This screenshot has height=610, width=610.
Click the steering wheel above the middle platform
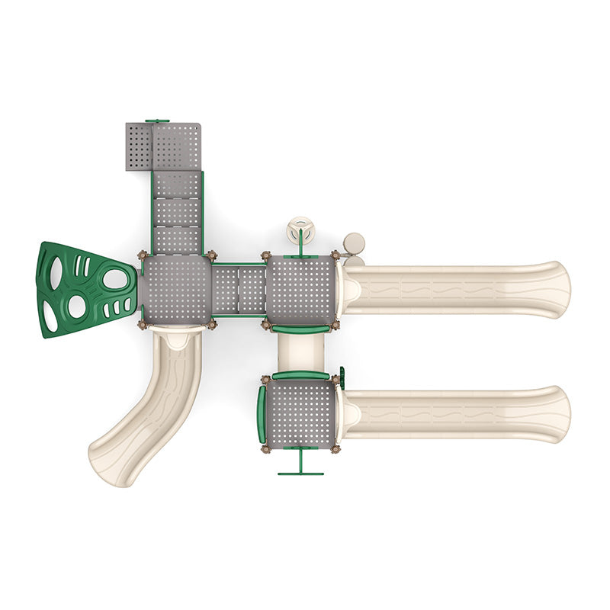click(300, 230)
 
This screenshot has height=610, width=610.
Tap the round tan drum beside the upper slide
click(354, 243)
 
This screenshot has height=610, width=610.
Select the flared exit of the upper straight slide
click(555, 290)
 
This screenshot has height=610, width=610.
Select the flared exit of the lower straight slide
click(555, 414)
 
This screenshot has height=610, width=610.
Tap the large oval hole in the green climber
click(115, 279)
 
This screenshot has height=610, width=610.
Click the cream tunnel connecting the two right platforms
click(300, 352)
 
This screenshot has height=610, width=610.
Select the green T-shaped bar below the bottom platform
click(300, 465)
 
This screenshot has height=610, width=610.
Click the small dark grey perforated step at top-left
click(139, 146)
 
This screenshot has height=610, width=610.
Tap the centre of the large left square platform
click(176, 290)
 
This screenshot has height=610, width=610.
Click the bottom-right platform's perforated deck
click(300, 413)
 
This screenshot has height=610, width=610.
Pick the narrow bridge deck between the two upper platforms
click(238, 290)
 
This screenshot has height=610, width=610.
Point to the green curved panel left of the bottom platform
click(262, 413)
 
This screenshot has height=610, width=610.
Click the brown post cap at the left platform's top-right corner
click(211, 255)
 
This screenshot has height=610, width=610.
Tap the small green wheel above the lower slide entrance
click(342, 377)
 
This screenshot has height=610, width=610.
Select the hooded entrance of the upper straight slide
click(351, 290)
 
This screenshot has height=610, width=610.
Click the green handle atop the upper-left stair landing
click(157, 120)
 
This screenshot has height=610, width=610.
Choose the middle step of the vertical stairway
click(176, 212)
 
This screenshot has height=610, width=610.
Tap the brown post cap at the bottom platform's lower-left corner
click(265, 448)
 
